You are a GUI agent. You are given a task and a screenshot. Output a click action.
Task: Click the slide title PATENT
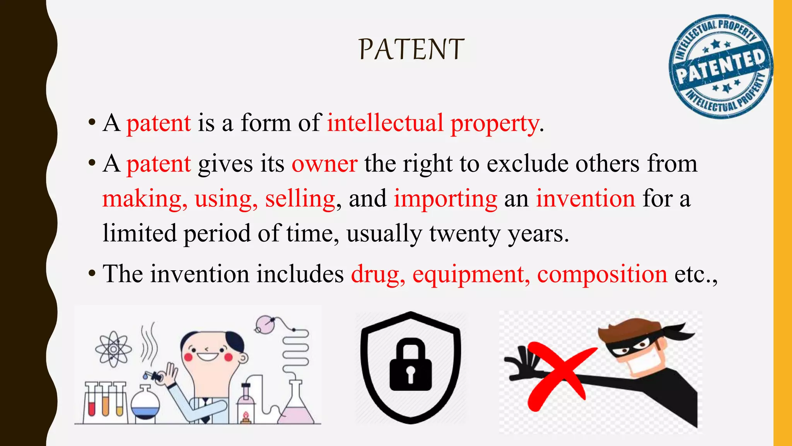[x=411, y=50]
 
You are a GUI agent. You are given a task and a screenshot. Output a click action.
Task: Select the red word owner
[x=324, y=164]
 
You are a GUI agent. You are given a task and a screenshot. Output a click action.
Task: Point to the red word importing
[x=445, y=199]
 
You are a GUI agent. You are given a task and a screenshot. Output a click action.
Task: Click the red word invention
[x=585, y=199]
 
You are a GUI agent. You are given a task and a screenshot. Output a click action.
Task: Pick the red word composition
[x=602, y=274]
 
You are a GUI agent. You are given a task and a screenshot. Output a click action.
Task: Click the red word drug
[x=377, y=274]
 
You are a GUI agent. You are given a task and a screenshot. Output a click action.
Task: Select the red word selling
[x=300, y=199]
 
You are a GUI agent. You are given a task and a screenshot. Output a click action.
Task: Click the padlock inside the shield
[x=410, y=365]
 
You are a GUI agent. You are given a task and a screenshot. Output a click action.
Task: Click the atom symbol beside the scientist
[x=113, y=349]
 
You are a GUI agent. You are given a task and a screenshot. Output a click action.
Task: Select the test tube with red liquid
[x=92, y=403]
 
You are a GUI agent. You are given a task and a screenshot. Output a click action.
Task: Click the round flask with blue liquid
[x=145, y=405]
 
